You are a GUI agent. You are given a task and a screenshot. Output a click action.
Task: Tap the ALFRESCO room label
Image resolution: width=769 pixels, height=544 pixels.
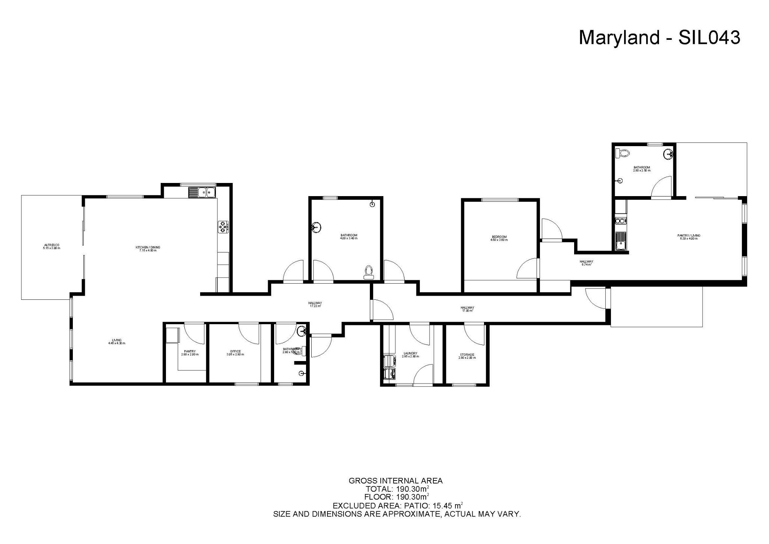click(x=51, y=246)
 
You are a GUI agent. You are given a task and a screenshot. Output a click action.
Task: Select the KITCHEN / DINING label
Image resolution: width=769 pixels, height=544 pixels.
click(x=148, y=248)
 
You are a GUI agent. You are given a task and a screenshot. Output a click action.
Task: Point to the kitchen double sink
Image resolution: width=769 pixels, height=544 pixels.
click(x=201, y=192)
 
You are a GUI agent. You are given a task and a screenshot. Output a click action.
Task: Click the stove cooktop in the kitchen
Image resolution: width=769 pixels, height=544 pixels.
click(x=223, y=227)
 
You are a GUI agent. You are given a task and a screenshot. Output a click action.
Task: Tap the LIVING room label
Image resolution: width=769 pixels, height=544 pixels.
click(x=116, y=342)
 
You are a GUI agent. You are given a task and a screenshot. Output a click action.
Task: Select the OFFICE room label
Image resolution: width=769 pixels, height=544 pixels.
click(x=235, y=353)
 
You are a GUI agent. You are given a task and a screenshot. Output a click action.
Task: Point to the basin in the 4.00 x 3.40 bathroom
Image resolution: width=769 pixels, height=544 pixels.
click(x=317, y=228)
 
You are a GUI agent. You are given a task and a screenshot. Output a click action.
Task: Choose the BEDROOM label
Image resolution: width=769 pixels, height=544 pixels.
click(x=499, y=238)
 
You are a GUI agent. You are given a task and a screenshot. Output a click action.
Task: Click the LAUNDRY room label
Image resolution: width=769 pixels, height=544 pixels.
click(x=410, y=355)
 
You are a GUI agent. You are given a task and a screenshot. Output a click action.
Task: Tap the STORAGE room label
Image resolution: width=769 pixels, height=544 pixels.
click(x=467, y=356)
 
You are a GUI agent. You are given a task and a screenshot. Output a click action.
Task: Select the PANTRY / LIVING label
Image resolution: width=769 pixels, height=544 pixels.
click(x=689, y=237)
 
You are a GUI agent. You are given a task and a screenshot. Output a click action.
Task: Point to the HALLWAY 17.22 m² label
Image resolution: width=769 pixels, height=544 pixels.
click(x=315, y=304)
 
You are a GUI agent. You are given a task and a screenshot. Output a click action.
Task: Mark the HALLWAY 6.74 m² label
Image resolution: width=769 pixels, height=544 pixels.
click(x=586, y=263)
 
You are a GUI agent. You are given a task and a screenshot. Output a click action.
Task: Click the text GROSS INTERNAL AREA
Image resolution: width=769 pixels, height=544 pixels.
click(x=395, y=481)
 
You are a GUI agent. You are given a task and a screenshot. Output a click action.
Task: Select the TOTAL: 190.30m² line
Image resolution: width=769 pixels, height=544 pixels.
click(x=397, y=489)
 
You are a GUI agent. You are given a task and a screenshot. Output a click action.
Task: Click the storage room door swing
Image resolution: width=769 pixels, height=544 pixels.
click(x=474, y=334)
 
